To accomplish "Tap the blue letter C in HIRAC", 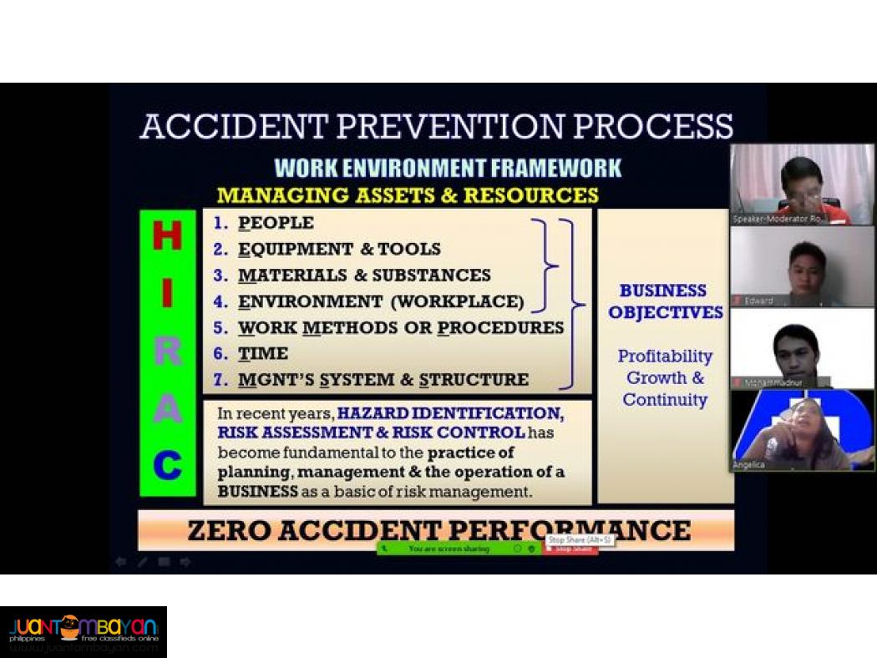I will pos(168,465).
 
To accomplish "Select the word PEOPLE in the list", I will pos(276,223).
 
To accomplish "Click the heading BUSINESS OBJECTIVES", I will pos(665,301).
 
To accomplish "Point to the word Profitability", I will pos(665,356).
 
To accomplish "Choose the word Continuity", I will pos(665,399).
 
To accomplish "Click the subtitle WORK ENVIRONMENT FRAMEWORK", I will pos(448,168).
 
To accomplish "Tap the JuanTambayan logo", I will pos(84,631).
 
